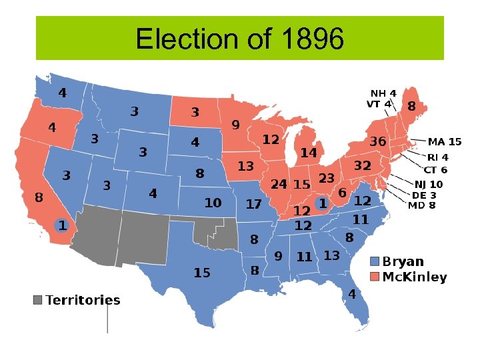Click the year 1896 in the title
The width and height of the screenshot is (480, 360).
click(x=313, y=39)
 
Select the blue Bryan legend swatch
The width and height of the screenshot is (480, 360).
click(x=375, y=261)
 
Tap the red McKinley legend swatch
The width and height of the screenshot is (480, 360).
click(x=375, y=277)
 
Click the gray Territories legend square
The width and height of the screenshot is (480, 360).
click(x=38, y=300)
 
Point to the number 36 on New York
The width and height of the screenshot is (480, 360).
click(x=378, y=142)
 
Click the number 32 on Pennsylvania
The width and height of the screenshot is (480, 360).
click(x=362, y=165)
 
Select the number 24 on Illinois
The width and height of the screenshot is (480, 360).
click(x=279, y=183)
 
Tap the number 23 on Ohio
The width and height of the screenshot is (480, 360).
click(x=326, y=179)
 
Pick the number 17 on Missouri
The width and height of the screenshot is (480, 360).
click(x=253, y=204)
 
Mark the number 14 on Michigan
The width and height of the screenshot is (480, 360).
click(x=308, y=153)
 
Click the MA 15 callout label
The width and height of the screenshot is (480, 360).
click(x=445, y=142)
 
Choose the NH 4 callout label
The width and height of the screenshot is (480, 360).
click(x=383, y=93)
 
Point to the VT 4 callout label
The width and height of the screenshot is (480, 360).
click(x=379, y=104)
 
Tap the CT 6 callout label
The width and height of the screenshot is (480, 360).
click(x=435, y=170)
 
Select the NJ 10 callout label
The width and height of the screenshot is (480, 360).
click(x=428, y=184)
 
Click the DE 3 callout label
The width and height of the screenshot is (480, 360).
click(x=424, y=195)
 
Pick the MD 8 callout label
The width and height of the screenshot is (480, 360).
click(x=421, y=205)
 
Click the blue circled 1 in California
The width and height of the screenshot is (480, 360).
click(x=61, y=225)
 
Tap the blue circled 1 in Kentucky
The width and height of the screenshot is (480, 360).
click(x=322, y=203)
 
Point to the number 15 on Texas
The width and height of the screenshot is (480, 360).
click(x=202, y=273)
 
